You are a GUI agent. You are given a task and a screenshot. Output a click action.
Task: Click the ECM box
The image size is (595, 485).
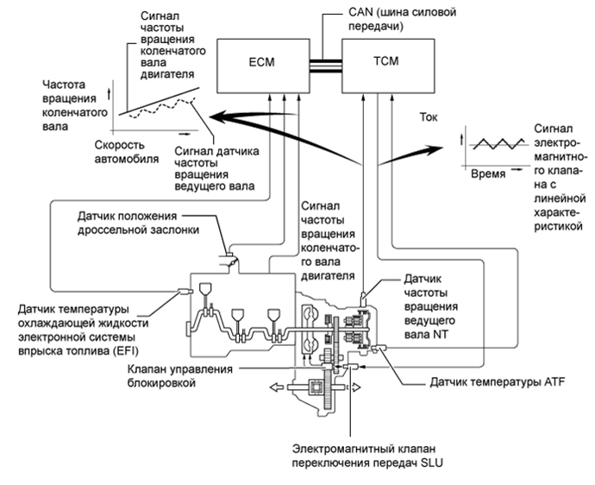tap(263, 66)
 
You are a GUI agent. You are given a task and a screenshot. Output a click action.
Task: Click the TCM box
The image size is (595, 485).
tap(388, 66)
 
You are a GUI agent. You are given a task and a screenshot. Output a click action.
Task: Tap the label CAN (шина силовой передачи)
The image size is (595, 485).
tap(402, 19)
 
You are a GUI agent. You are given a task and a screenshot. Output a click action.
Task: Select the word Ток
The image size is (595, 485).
tap(429, 117)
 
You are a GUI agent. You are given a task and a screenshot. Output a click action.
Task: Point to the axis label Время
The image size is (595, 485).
tap(488, 174)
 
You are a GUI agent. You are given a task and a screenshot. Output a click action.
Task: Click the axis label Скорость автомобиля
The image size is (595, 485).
tap(127, 152)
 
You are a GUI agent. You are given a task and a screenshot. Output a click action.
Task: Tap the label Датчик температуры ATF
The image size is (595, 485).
tap(498, 381)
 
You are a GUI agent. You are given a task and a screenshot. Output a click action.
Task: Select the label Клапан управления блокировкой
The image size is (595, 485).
tap(179, 375)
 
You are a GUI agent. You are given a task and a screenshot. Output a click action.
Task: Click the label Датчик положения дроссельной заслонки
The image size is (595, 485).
tap(138, 223)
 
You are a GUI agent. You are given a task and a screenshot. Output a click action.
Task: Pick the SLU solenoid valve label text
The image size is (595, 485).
tap(367, 456)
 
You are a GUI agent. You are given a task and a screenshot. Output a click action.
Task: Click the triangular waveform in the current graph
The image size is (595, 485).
tap(498, 143)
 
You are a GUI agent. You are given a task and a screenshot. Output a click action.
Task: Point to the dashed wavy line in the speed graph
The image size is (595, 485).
tap(161, 108)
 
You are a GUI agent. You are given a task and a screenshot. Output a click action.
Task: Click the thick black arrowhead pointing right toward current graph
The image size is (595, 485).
tap(435, 149)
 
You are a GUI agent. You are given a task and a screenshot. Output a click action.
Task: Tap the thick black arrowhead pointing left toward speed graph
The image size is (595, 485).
tap(219, 116)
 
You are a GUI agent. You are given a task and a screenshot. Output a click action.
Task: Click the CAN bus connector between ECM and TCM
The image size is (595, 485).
tap(326, 66)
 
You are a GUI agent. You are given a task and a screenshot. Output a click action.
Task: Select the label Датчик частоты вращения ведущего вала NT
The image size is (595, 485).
tap(431, 306)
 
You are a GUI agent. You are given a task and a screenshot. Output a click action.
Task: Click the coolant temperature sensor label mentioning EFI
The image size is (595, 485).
tap(83, 330)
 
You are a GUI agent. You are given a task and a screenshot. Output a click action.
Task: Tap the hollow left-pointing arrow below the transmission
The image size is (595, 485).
tap(276, 387)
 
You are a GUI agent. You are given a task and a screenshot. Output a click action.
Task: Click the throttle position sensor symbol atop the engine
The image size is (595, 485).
tap(229, 260)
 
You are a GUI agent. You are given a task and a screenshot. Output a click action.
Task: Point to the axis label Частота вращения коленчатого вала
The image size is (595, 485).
tap(74, 105)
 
